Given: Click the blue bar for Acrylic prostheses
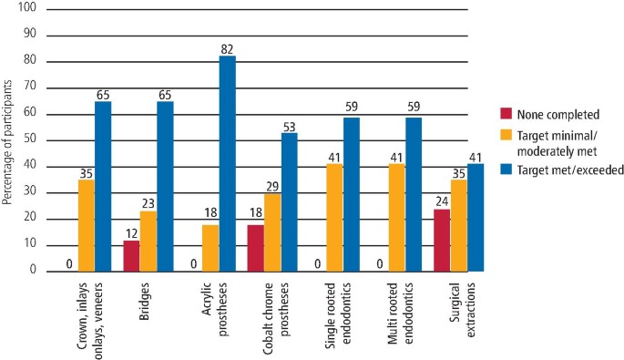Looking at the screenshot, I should [x=227, y=163].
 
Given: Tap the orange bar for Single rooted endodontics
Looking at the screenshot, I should [x=335, y=217].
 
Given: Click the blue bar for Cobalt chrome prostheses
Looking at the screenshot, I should [x=290, y=201].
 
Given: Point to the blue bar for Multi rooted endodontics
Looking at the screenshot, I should [x=414, y=193].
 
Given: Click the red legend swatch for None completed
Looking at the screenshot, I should [x=507, y=114].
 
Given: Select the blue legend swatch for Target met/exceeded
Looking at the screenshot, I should [x=507, y=169].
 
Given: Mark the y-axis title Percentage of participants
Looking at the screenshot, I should [x=7, y=140].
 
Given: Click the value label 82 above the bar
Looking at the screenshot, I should [x=227, y=48].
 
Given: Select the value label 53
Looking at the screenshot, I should [x=290, y=125].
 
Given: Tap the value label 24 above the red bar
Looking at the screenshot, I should [x=442, y=202].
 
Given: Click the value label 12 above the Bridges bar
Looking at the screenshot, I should [x=131, y=233].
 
